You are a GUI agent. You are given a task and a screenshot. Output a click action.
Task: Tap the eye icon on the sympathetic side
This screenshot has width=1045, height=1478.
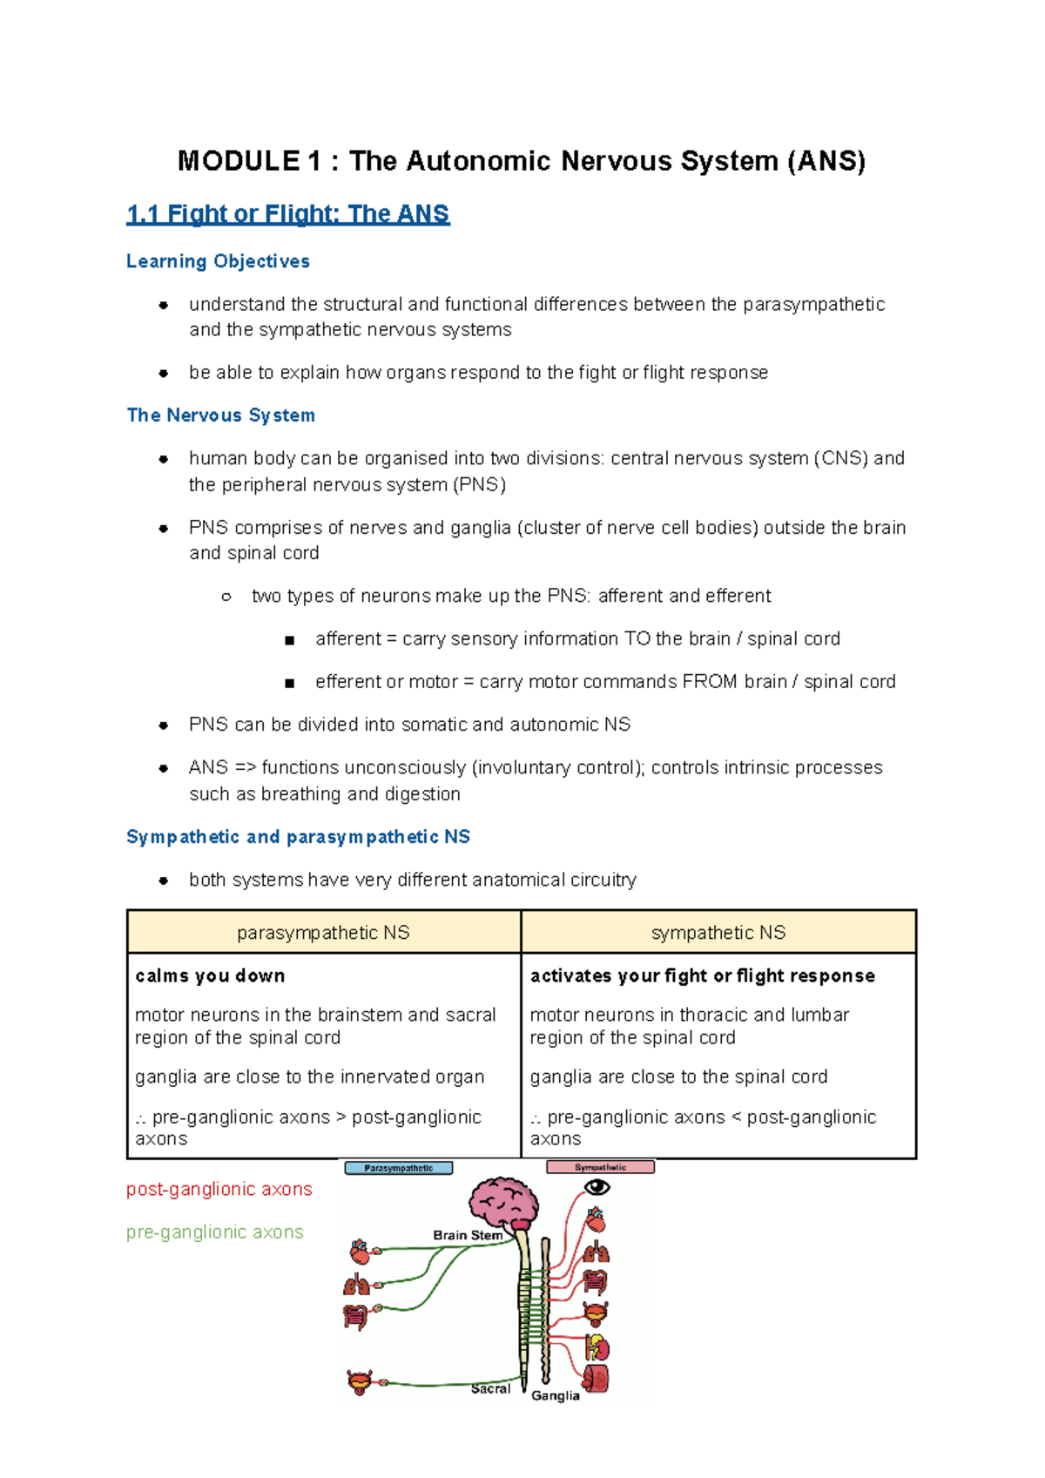click(x=597, y=1186)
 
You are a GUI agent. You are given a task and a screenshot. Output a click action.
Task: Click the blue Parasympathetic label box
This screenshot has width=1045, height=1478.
click(x=399, y=1168)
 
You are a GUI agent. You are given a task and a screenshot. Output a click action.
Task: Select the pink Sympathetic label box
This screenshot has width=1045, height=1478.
click(x=600, y=1167)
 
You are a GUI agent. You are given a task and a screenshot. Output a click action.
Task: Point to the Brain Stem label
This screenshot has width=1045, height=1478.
click(x=468, y=1235)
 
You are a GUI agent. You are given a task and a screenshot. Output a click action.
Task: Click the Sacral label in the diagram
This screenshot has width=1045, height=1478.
click(x=490, y=1388)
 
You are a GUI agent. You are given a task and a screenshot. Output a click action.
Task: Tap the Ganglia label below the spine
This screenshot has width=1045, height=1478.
click(x=555, y=1395)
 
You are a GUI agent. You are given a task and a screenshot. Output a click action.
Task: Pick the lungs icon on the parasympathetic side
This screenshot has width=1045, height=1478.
click(x=356, y=1286)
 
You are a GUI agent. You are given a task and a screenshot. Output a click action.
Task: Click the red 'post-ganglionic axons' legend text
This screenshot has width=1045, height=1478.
click(x=219, y=1189)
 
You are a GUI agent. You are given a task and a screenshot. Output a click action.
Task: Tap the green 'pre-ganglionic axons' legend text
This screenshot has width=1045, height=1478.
click(x=215, y=1232)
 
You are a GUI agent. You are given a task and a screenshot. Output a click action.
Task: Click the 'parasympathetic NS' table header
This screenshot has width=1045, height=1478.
click(x=323, y=932)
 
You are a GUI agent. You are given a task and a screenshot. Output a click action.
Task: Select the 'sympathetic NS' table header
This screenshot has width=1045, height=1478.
click(x=718, y=932)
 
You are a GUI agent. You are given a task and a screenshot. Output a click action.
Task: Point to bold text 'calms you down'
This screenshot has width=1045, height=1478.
click(x=210, y=975)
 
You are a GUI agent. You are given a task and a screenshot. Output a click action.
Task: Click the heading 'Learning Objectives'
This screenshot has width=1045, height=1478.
click(x=218, y=261)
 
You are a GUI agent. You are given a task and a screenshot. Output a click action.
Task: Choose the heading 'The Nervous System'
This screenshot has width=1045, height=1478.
click(x=221, y=415)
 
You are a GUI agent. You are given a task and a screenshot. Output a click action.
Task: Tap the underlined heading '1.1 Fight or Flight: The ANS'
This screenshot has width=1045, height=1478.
click(x=288, y=214)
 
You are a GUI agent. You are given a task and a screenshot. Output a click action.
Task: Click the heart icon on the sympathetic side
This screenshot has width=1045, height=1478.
click(x=596, y=1219)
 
